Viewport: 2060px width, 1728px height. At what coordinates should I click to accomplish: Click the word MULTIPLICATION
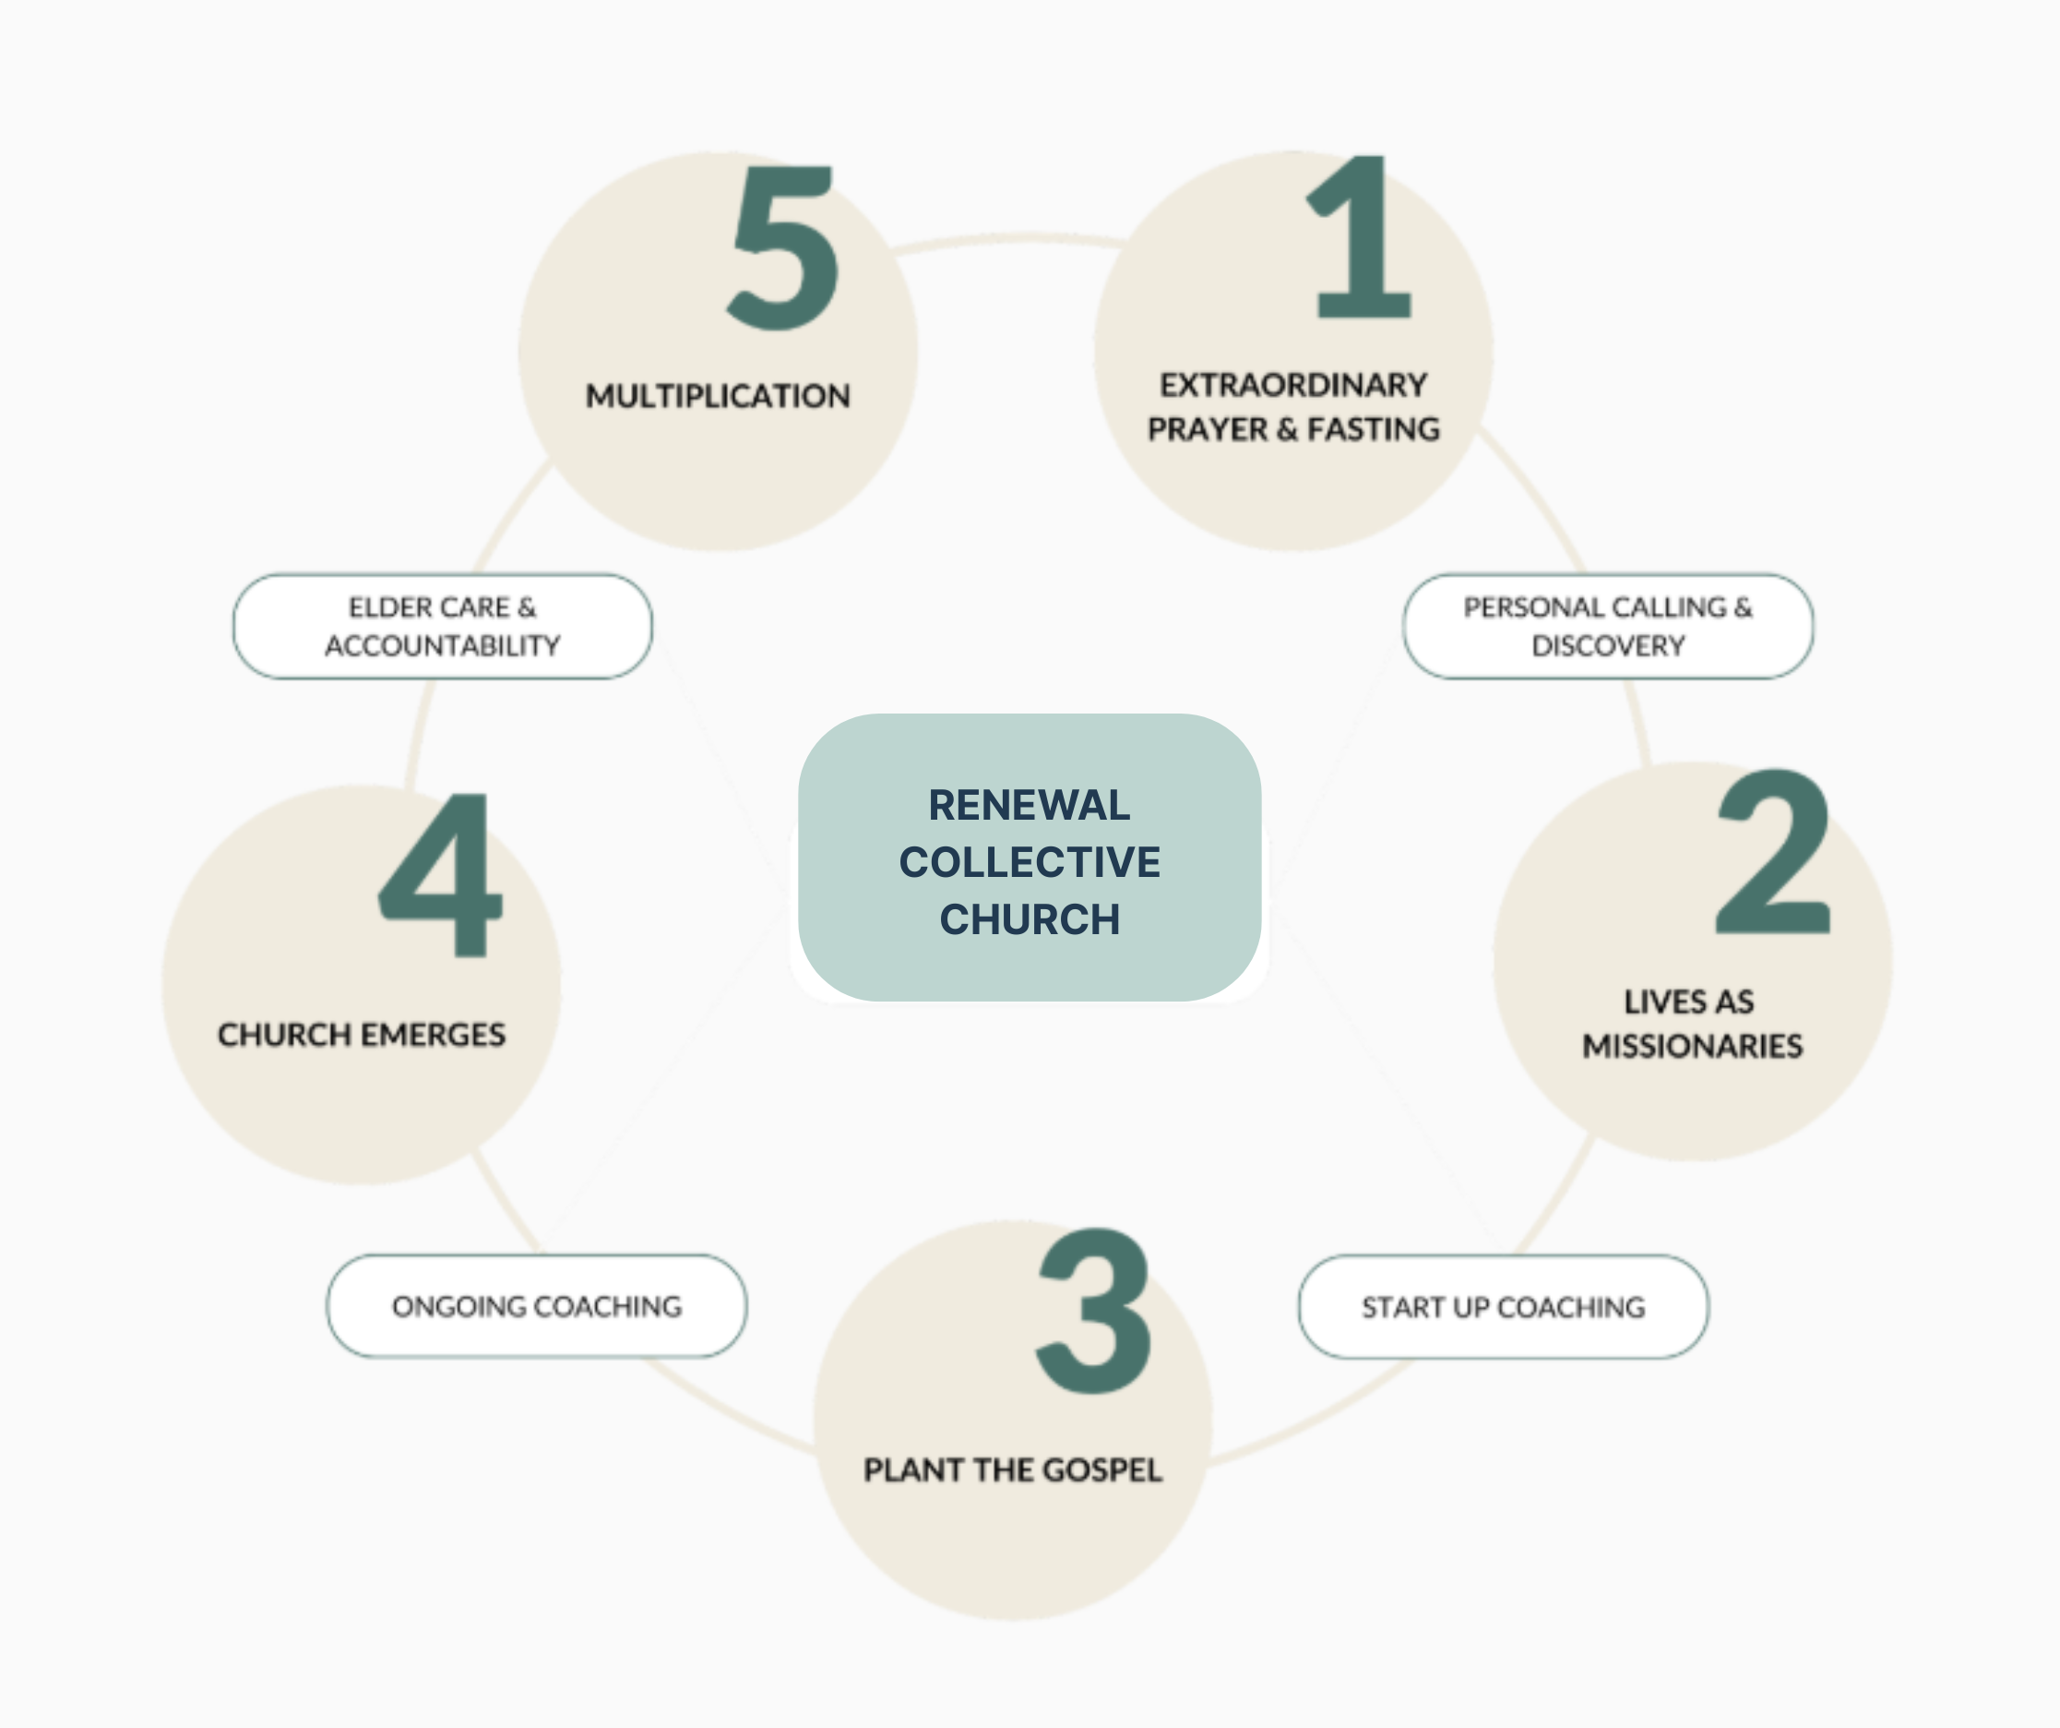pos(718,396)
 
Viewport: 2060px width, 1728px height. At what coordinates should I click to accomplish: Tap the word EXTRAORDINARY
pos(1292,386)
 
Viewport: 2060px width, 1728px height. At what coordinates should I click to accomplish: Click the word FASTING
pos(1374,430)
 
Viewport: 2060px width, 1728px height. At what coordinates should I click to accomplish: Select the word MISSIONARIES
pos(1692,1047)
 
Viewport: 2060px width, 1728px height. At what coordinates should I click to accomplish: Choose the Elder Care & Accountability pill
pos(443,626)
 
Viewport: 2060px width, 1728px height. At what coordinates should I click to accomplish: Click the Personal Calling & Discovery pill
pos(1608,626)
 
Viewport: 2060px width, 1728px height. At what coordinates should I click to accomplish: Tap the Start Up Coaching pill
pos(1503,1307)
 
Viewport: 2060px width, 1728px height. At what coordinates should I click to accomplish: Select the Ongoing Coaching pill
pos(537,1307)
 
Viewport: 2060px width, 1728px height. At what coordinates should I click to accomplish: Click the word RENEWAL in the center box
pos(1029,806)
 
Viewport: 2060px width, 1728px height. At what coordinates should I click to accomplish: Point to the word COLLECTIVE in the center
pos(1029,862)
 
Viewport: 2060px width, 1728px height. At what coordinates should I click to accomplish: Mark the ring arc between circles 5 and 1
pos(1010,238)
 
